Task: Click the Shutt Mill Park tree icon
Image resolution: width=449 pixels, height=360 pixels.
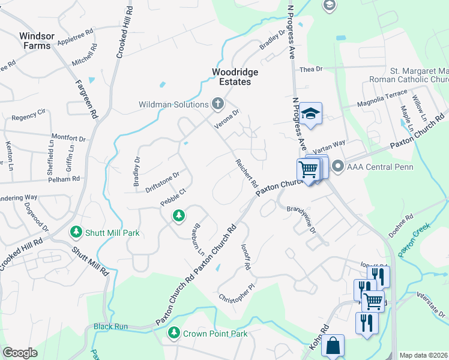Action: pyautogui.click(x=76, y=232)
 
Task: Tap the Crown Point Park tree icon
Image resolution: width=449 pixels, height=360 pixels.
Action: pyautogui.click(x=174, y=332)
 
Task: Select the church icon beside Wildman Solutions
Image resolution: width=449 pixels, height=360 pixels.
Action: pyautogui.click(x=217, y=104)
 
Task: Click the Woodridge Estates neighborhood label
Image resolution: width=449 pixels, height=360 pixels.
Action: pyautogui.click(x=235, y=77)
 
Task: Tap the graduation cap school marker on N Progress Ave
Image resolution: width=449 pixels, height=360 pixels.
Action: pyautogui.click(x=312, y=113)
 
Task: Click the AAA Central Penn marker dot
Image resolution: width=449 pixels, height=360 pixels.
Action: pyautogui.click(x=337, y=166)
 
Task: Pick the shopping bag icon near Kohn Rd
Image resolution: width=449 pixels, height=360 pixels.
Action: pyautogui.click(x=333, y=346)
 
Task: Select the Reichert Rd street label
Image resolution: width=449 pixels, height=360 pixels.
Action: pyautogui.click(x=246, y=173)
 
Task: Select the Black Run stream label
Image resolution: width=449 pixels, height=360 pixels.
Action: pyautogui.click(x=110, y=327)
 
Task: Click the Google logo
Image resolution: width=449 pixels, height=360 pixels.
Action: pyautogui.click(x=20, y=353)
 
